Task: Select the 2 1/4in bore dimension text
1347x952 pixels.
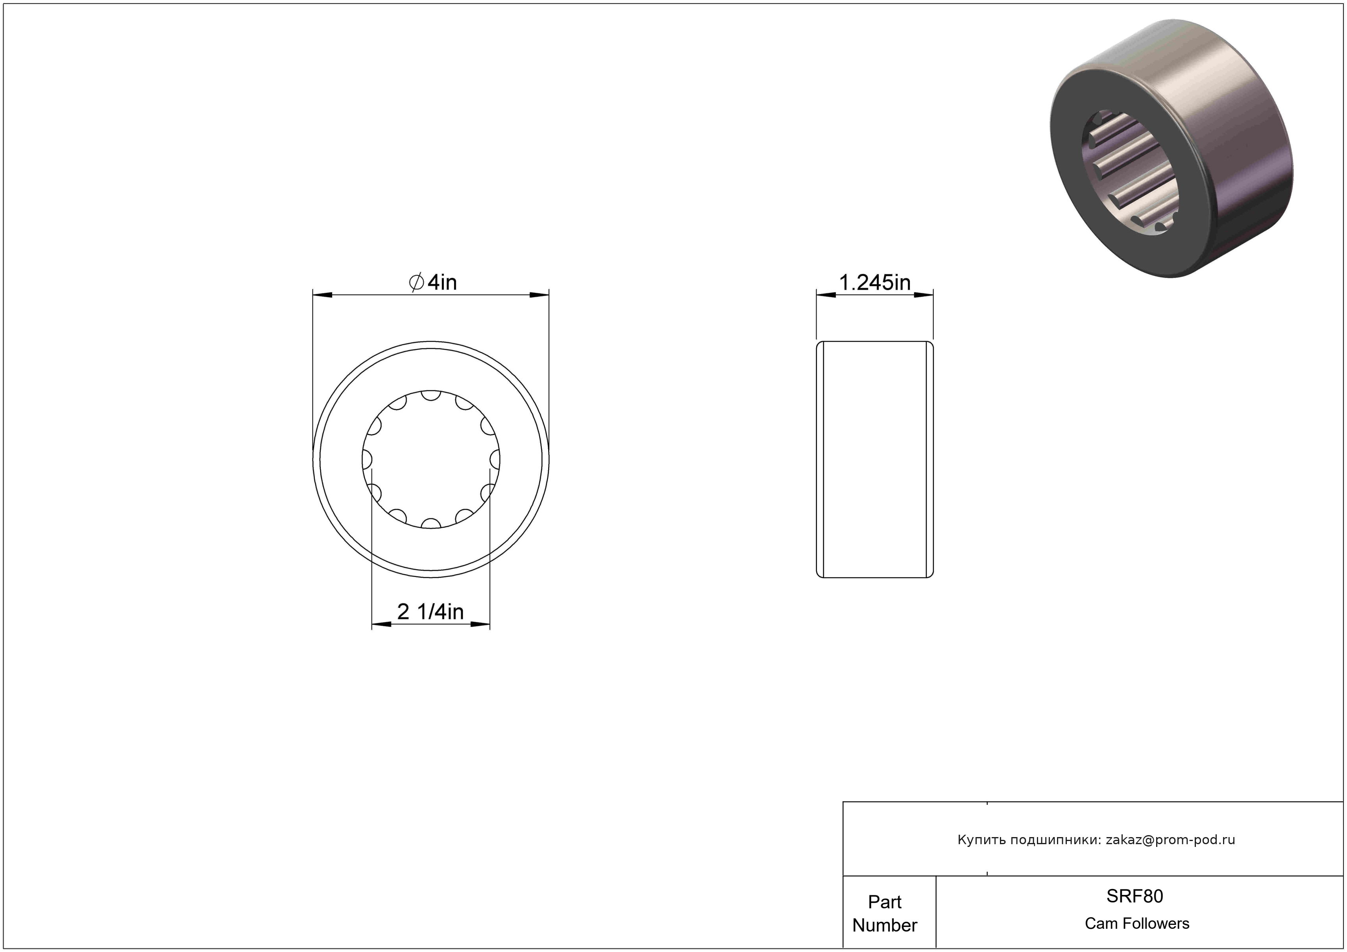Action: [x=430, y=612]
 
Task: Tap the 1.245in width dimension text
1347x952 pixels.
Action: [x=875, y=283]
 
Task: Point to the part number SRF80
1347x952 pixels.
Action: [x=1135, y=896]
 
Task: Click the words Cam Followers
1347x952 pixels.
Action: [x=1137, y=923]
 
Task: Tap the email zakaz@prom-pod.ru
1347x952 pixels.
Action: [x=1170, y=840]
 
